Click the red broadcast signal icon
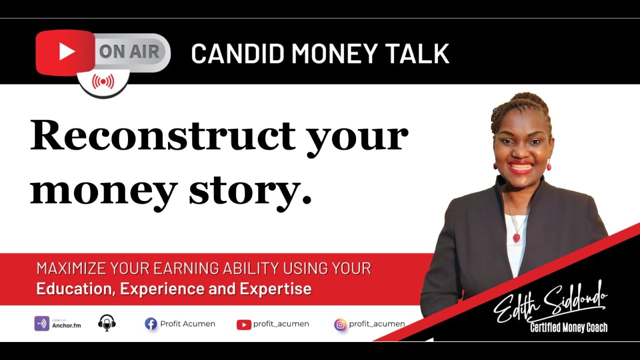click(x=103, y=81)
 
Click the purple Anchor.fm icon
click(x=41, y=323)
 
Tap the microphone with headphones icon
click(x=107, y=323)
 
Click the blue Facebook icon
click(x=150, y=324)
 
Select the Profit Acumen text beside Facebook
click(x=187, y=324)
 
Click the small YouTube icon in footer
click(x=243, y=324)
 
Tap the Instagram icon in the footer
click(x=340, y=324)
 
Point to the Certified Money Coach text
click(x=568, y=328)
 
